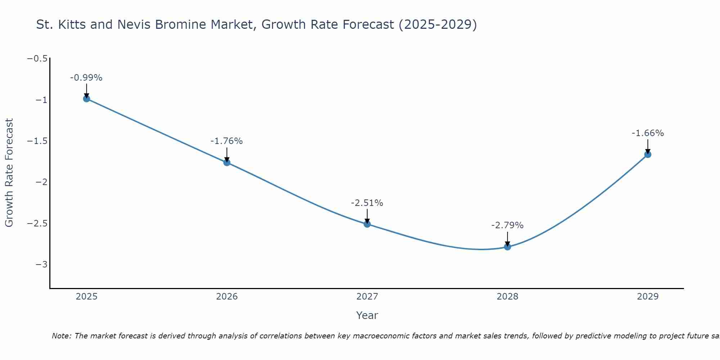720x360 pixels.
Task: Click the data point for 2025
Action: click(x=86, y=99)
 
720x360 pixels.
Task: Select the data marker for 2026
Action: click(x=227, y=162)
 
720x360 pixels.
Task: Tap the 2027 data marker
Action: click(x=367, y=224)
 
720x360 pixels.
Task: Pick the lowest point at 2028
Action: click(x=508, y=247)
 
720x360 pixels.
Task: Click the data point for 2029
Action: click(x=648, y=154)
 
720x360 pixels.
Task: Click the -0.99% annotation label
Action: click(x=86, y=78)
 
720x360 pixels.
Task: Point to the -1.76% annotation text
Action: click(x=227, y=141)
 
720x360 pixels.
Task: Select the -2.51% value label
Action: click(x=367, y=203)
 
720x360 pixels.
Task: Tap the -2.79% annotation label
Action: click(x=508, y=225)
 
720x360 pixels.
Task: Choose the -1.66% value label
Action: click(x=648, y=133)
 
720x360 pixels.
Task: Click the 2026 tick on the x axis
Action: click(x=227, y=297)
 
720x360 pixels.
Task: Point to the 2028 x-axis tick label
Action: click(x=508, y=297)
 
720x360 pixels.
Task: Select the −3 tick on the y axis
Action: click(x=42, y=265)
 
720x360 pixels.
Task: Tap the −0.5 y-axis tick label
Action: click(x=37, y=59)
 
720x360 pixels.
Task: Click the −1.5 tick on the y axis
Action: click(x=37, y=141)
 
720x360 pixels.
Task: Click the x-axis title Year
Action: click(x=367, y=315)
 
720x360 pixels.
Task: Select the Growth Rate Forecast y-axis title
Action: click(x=9, y=173)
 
